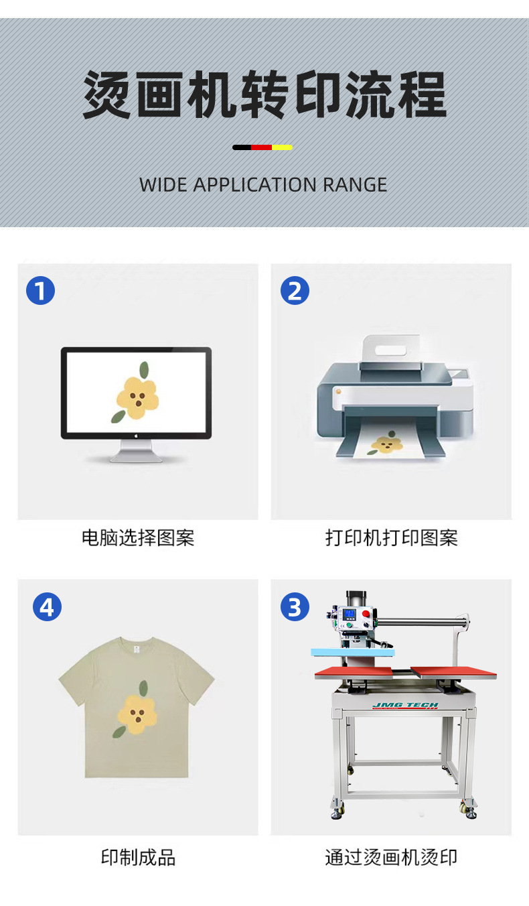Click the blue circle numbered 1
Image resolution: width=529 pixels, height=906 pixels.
coord(40,290)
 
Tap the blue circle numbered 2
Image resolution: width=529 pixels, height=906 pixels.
coord(295,290)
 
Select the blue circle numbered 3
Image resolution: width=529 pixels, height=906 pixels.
coord(295,606)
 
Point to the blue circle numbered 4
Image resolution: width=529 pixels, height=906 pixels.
coord(47,606)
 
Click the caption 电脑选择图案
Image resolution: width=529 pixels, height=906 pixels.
coord(138,538)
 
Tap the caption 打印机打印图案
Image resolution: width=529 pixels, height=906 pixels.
coord(391,538)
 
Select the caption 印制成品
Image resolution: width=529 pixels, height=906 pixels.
coord(138,857)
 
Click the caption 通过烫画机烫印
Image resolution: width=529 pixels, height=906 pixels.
coord(391,857)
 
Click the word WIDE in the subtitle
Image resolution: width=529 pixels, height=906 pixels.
coord(163,185)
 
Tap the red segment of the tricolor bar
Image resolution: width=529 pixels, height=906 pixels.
coord(261,147)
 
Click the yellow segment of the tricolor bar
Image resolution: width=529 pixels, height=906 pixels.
coord(282,147)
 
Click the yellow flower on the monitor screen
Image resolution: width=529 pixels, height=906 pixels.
coord(137,398)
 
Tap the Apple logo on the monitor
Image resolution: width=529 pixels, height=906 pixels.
coord(136,436)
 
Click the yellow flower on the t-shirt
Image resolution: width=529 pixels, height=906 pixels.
coord(137,714)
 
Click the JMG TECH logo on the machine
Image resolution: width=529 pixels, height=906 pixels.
coord(405,706)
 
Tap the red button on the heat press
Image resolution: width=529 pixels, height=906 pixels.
coord(366,614)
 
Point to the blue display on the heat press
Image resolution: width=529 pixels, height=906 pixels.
coord(349,614)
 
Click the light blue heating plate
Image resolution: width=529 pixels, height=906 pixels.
coord(353,652)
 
